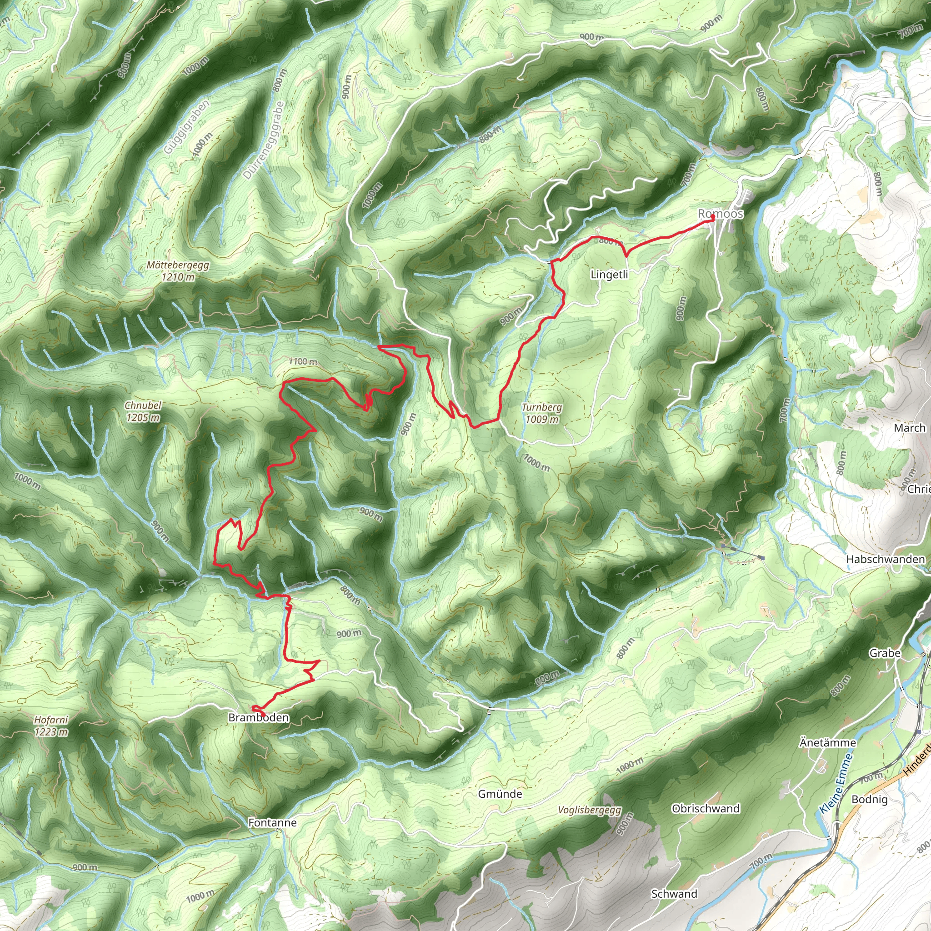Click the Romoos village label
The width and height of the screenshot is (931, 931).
coord(721,214)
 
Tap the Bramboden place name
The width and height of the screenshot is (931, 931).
coord(258,717)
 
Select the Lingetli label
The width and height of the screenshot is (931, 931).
coord(609,275)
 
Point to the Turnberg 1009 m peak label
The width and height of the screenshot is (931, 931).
coord(541,413)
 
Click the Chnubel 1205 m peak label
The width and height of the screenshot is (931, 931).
coord(143,411)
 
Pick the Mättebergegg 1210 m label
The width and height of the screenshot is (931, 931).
coord(178,271)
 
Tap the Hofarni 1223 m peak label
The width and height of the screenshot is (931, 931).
coord(51,726)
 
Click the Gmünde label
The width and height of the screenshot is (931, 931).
coord(500,794)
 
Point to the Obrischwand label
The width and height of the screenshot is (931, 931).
coord(706,808)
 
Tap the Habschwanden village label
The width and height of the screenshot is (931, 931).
coord(885,560)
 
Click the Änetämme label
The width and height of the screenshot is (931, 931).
coord(827,743)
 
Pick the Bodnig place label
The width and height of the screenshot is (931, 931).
coord(869,799)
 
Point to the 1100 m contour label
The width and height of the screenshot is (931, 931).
coord(303,361)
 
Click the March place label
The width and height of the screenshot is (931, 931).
coord(909,428)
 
